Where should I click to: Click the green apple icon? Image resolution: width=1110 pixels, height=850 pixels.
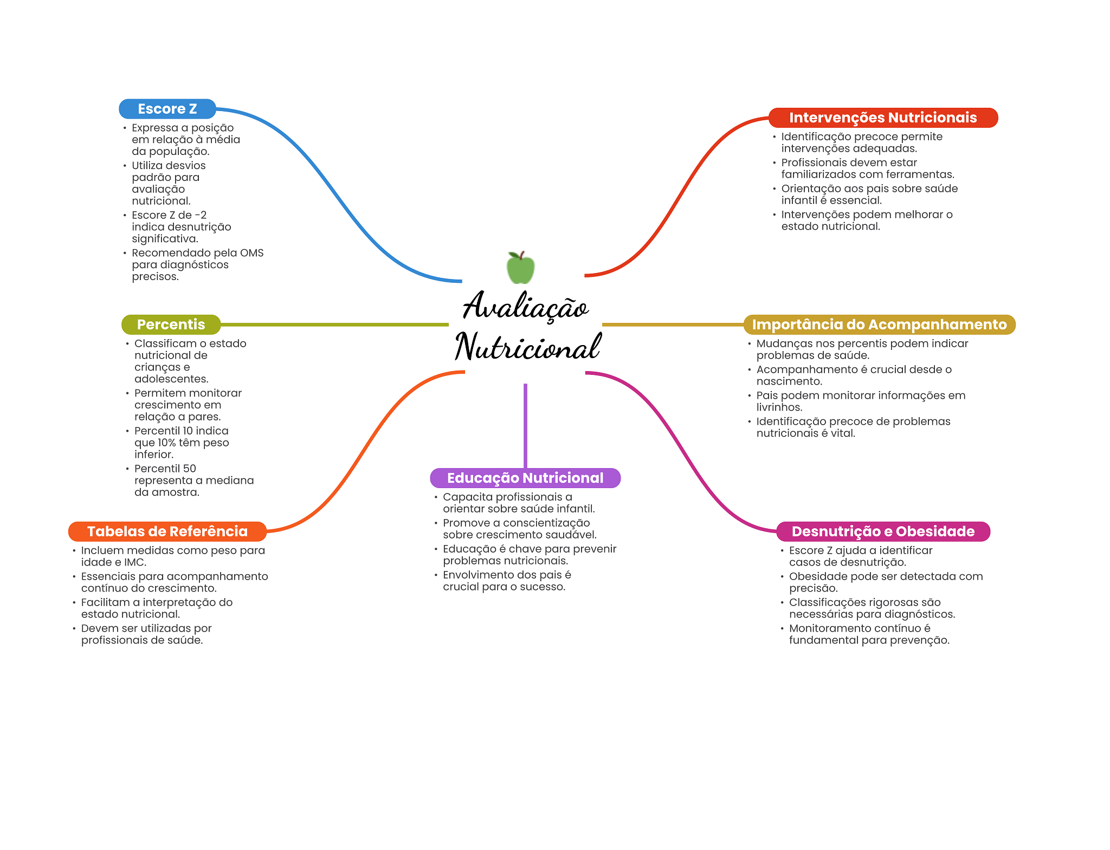[x=520, y=268]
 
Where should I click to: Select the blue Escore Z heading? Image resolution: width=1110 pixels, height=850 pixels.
[x=167, y=109]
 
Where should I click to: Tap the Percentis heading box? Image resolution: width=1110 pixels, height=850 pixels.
[x=171, y=325]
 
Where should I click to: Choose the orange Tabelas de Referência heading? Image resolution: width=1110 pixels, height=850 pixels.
[x=167, y=531]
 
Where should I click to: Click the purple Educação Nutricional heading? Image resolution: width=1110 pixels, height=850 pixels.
[x=525, y=478]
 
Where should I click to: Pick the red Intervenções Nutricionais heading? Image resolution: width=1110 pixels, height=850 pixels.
[x=882, y=118]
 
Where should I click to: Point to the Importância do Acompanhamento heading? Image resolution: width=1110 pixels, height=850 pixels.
[x=879, y=325]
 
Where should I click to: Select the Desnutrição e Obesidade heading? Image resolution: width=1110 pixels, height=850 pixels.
[x=882, y=531]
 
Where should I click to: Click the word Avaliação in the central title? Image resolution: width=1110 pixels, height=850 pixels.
[x=526, y=306]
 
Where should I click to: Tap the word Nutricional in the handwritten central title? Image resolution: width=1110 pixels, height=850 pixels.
[x=527, y=347]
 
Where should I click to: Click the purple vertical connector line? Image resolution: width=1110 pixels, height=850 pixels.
[x=525, y=425]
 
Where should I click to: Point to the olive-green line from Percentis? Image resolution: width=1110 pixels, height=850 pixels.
[x=334, y=325]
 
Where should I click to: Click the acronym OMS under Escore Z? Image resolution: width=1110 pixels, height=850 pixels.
[x=252, y=253]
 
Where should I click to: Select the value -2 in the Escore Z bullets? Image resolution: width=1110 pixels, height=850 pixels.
[x=201, y=215]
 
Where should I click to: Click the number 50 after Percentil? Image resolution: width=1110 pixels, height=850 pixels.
[x=190, y=469]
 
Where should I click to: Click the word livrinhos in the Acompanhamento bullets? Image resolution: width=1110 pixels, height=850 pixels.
[x=779, y=407]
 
